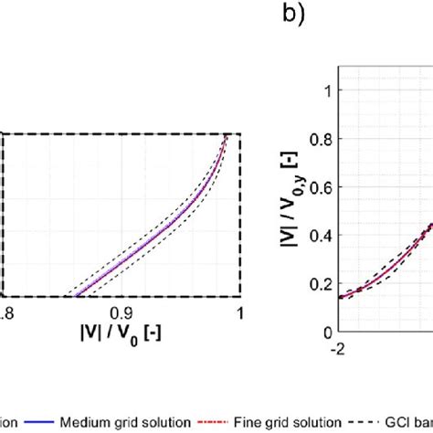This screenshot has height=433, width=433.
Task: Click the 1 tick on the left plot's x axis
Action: click(x=239, y=311)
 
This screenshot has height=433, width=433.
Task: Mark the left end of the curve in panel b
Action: click(x=340, y=297)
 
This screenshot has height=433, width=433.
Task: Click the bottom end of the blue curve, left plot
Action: click(x=77, y=295)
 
